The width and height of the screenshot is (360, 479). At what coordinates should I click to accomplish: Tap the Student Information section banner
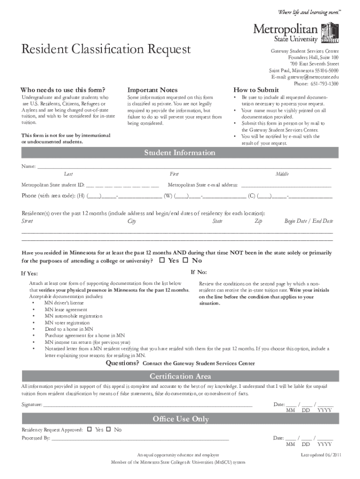[180, 153]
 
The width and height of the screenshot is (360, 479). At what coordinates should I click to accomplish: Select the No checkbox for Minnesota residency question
[185, 260]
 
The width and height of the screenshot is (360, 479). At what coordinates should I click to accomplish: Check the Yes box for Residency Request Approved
[89, 429]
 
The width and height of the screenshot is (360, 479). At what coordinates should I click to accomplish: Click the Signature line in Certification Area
[148, 405]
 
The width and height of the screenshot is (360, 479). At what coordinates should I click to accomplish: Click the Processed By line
[140, 438]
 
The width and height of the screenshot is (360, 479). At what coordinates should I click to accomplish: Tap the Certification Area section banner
[180, 376]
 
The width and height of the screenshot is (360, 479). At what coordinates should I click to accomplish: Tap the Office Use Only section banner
[180, 419]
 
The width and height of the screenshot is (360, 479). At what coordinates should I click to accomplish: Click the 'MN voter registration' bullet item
[67, 323]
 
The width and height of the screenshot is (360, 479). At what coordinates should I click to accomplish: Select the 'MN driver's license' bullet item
[64, 303]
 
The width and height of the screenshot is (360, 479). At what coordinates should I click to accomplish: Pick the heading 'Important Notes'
[152, 90]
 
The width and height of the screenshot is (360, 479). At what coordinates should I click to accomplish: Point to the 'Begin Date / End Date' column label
[309, 221]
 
